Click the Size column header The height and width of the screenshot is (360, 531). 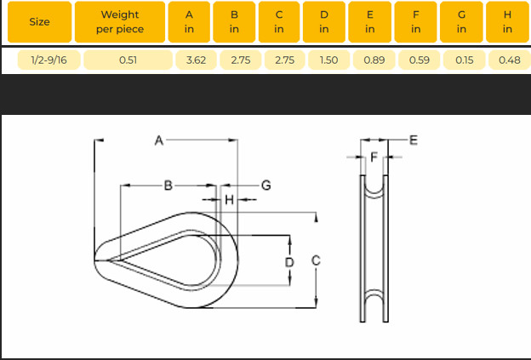point(40,22)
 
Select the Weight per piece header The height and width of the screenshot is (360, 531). point(120,22)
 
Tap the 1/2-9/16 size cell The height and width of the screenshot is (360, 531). point(49,60)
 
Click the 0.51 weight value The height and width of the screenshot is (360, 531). point(128,60)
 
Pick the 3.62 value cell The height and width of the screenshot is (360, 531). point(196,60)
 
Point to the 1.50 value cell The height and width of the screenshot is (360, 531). point(328,60)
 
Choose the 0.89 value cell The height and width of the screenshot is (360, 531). point(374,60)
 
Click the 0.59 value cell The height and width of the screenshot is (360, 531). point(420,60)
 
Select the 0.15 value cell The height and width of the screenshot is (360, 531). point(465,60)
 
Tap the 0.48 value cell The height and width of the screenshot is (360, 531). point(510,60)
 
